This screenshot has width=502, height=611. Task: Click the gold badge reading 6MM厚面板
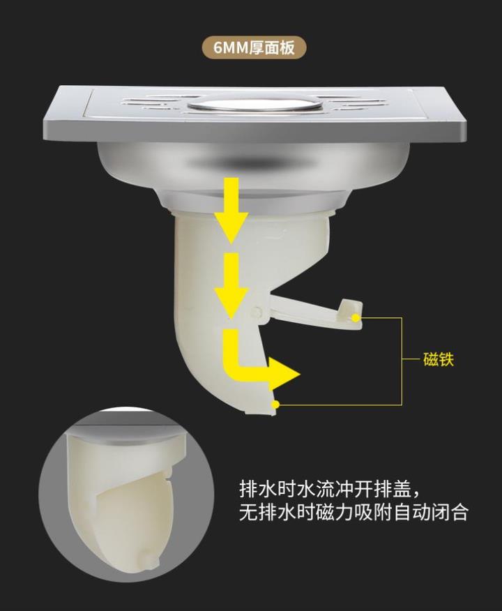coord(254,48)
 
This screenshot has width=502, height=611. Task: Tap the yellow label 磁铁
coord(439,359)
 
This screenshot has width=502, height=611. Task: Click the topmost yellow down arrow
coord(232,210)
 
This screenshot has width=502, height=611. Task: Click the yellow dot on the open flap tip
coord(355,317)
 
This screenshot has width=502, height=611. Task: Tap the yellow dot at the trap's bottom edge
coord(275,405)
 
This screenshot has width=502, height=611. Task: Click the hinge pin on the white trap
coord(257,311)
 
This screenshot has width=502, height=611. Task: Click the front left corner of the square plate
coord(44,124)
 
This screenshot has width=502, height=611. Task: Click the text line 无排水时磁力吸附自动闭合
coord(353,513)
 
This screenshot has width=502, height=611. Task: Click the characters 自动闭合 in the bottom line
coord(431,513)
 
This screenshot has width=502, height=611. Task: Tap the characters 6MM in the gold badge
coord(231,48)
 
